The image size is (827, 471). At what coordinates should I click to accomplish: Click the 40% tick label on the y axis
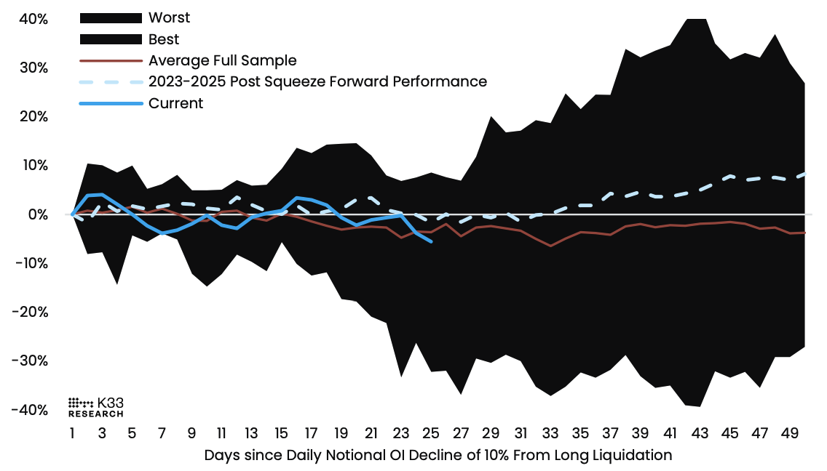pos(33,19)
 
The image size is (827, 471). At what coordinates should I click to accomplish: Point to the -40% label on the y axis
pos(30,410)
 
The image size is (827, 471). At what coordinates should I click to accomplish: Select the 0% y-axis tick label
pos(38,214)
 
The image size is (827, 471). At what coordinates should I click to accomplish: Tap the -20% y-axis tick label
pos(30,312)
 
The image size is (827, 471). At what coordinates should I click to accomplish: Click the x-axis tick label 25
pos(430,434)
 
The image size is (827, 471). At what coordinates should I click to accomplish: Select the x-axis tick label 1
pos(72,434)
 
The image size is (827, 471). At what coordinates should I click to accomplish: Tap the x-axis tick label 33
pos(550,434)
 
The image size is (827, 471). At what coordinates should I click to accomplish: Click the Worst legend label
pos(168,17)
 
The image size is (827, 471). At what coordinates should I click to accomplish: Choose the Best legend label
pos(164,39)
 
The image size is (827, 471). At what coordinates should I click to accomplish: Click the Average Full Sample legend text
pos(222,60)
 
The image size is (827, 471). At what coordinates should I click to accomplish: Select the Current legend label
pos(175,103)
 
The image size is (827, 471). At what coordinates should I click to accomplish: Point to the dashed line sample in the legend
pos(110,81)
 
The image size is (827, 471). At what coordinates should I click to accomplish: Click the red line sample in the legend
pos(110,60)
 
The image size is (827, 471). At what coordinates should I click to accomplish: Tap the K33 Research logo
pos(95,407)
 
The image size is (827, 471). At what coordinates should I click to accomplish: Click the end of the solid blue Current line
pos(432,241)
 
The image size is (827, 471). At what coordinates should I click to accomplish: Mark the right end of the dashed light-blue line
pos(804,174)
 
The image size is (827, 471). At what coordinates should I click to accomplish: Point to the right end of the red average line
pos(804,233)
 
